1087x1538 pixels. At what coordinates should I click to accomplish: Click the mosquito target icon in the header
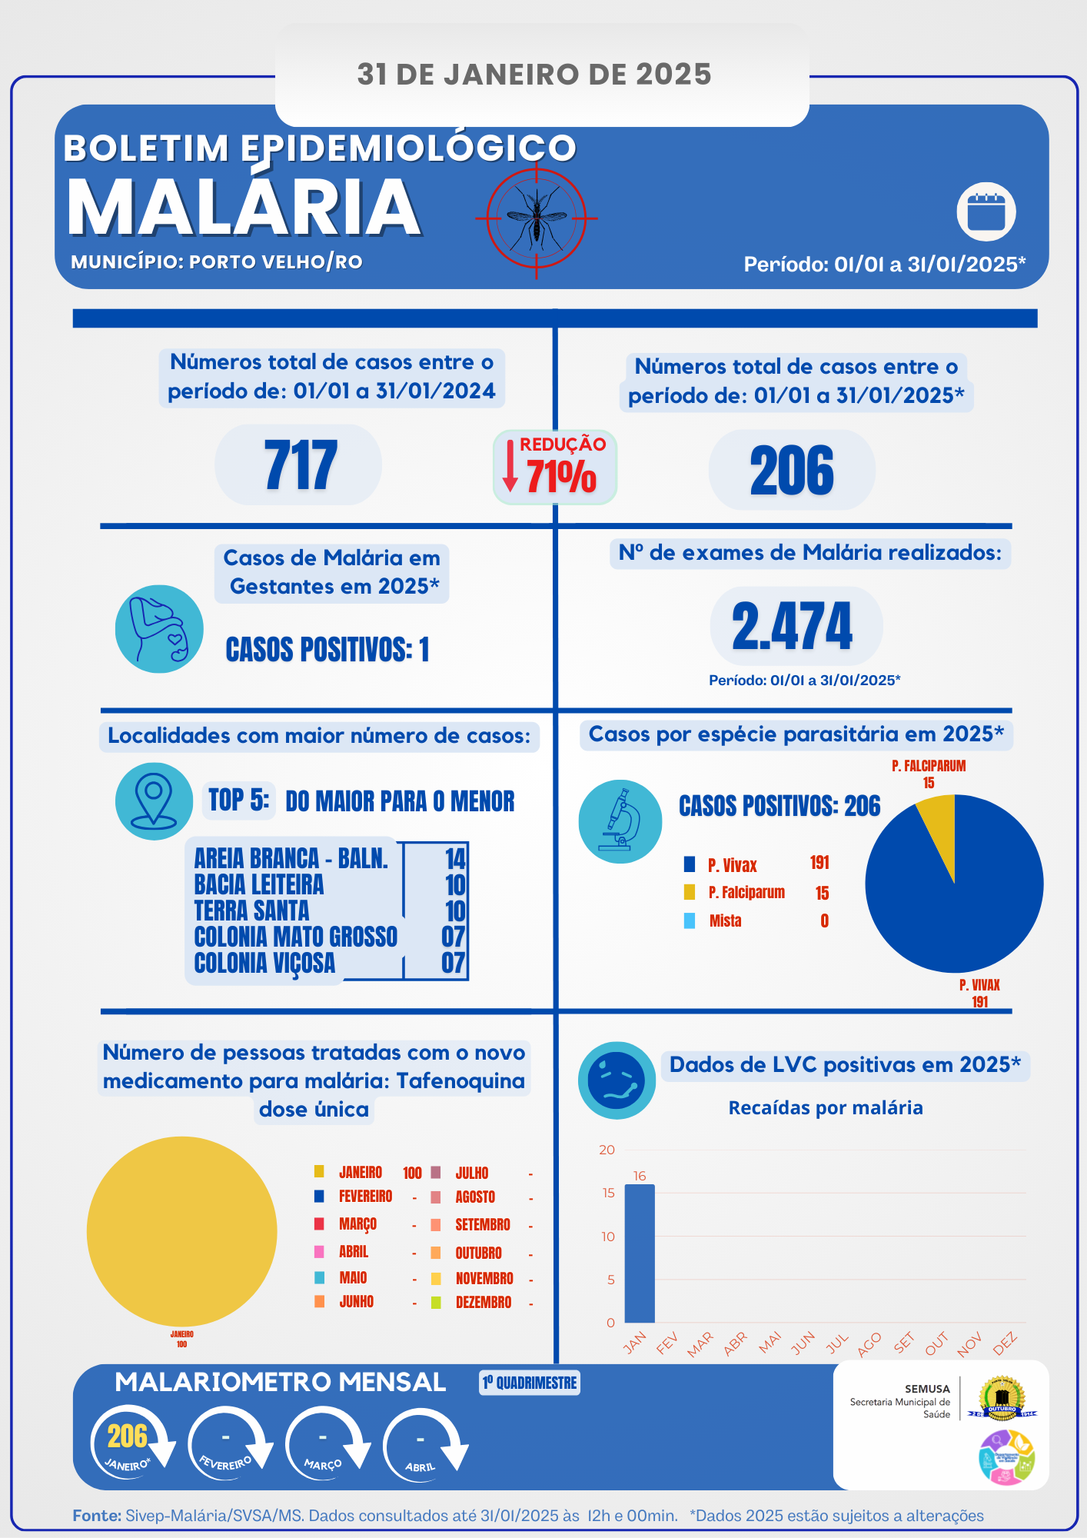click(x=536, y=218)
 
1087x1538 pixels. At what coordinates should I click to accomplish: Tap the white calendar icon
click(x=986, y=212)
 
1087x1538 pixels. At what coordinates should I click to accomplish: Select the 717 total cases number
click(x=300, y=465)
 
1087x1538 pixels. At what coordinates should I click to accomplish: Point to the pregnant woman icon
click(x=159, y=629)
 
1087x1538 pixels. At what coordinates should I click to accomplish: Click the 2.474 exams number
click(x=793, y=626)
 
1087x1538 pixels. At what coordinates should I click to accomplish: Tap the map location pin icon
click(x=154, y=801)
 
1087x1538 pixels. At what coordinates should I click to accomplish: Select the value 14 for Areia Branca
click(x=455, y=858)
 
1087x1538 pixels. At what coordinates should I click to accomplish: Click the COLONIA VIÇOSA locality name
click(x=264, y=963)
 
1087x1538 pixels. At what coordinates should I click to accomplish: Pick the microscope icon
click(x=620, y=821)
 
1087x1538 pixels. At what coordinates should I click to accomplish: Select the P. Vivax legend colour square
click(x=690, y=864)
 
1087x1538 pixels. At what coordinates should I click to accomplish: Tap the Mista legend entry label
click(x=725, y=920)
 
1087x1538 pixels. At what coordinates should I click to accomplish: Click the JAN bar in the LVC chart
click(x=640, y=1253)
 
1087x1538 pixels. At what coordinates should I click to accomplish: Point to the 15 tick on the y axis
click(x=608, y=1193)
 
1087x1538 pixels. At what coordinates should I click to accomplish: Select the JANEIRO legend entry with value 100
click(x=361, y=1173)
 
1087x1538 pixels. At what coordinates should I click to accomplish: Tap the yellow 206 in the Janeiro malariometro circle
click(x=127, y=1436)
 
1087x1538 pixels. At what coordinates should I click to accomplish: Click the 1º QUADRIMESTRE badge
click(x=530, y=1383)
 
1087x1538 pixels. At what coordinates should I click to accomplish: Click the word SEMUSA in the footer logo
click(x=927, y=1389)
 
